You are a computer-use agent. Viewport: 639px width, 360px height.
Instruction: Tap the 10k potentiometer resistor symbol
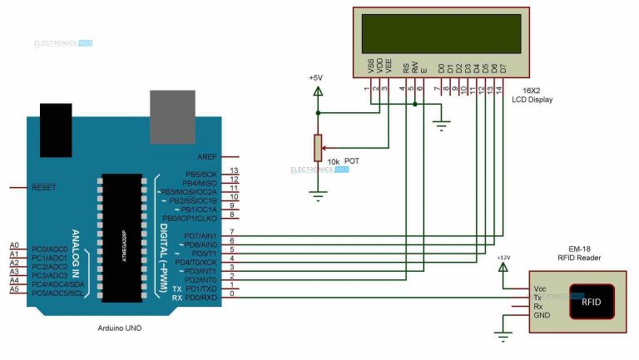pyautogui.click(x=316, y=147)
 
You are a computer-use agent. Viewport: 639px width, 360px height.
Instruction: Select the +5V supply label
pyautogui.click(x=315, y=77)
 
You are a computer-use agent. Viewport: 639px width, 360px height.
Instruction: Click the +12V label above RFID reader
pyautogui.click(x=502, y=259)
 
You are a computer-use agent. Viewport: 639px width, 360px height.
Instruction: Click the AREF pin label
pyautogui.click(x=207, y=156)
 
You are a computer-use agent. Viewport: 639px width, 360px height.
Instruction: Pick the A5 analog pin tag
pyautogui.click(x=13, y=293)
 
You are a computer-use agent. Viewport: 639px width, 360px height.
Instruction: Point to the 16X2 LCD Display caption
pyautogui.click(x=532, y=94)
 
